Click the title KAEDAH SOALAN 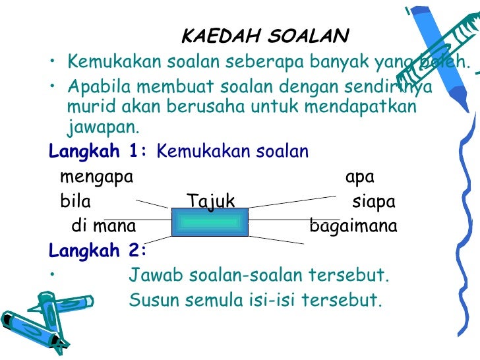coord(265,35)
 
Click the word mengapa coord(96,177)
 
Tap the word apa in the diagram coord(360,177)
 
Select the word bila coord(75,201)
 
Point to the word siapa coord(374,201)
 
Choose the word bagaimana coord(353,227)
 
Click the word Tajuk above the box coord(210,201)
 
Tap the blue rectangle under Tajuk coord(210,222)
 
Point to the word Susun coord(153,300)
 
